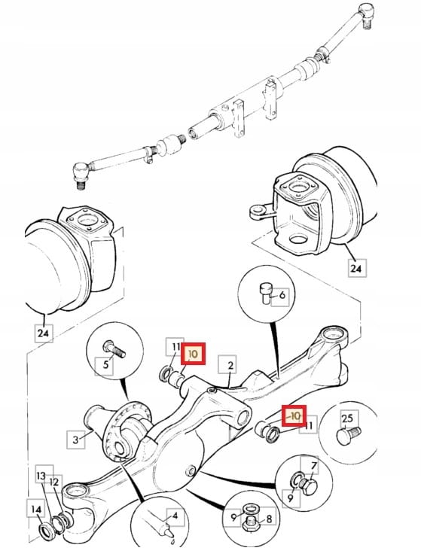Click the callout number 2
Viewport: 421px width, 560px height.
click(230, 365)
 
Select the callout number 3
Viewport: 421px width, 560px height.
click(75, 440)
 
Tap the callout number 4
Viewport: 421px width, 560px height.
click(175, 516)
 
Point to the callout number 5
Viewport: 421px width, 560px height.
click(105, 365)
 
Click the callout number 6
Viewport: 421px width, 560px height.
click(282, 295)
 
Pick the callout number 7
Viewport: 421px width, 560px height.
click(314, 466)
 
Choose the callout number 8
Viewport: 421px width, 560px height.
click(269, 519)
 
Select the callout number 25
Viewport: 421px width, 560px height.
click(347, 418)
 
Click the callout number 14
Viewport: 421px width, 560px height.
click(36, 510)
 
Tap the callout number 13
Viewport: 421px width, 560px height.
click(41, 476)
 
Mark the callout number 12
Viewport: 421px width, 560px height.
click(53, 482)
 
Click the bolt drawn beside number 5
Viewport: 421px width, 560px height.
click(114, 349)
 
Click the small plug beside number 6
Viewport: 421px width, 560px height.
click(266, 294)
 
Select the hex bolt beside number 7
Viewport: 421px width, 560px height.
click(308, 487)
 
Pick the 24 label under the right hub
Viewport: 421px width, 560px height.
click(356, 268)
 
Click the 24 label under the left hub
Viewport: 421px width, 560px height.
click(42, 333)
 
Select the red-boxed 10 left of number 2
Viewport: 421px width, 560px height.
click(193, 354)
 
